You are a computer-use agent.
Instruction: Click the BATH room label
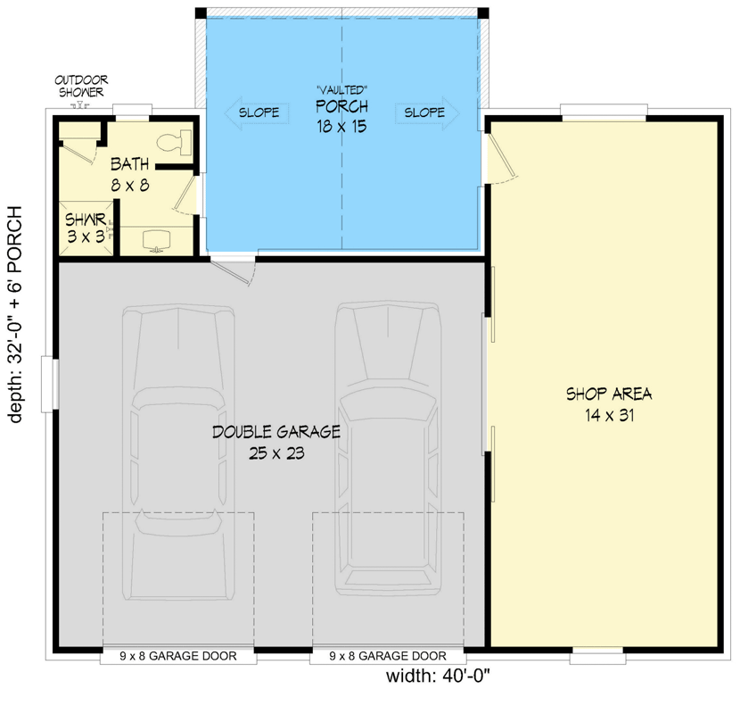[130, 164]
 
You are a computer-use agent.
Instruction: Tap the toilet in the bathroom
[174, 143]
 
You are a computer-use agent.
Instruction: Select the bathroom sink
[156, 240]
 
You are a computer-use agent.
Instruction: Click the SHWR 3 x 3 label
[86, 228]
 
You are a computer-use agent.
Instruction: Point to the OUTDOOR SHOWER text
[81, 86]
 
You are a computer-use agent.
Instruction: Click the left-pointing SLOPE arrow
[257, 112]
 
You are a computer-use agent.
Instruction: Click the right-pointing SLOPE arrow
[427, 112]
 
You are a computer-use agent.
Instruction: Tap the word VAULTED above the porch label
[341, 90]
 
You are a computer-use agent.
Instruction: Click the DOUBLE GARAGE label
[276, 432]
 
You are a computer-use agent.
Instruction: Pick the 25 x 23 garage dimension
[276, 453]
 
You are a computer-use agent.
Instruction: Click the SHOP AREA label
[609, 394]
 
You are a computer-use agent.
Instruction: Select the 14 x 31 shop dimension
[609, 416]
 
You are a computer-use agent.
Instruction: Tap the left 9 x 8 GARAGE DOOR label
[178, 656]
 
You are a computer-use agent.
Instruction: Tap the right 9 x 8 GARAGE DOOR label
[388, 656]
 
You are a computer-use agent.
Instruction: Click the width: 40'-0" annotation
[439, 677]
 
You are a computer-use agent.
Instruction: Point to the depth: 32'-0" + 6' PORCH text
[15, 314]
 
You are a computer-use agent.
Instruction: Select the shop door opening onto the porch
[501, 157]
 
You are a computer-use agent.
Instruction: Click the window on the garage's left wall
[50, 384]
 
